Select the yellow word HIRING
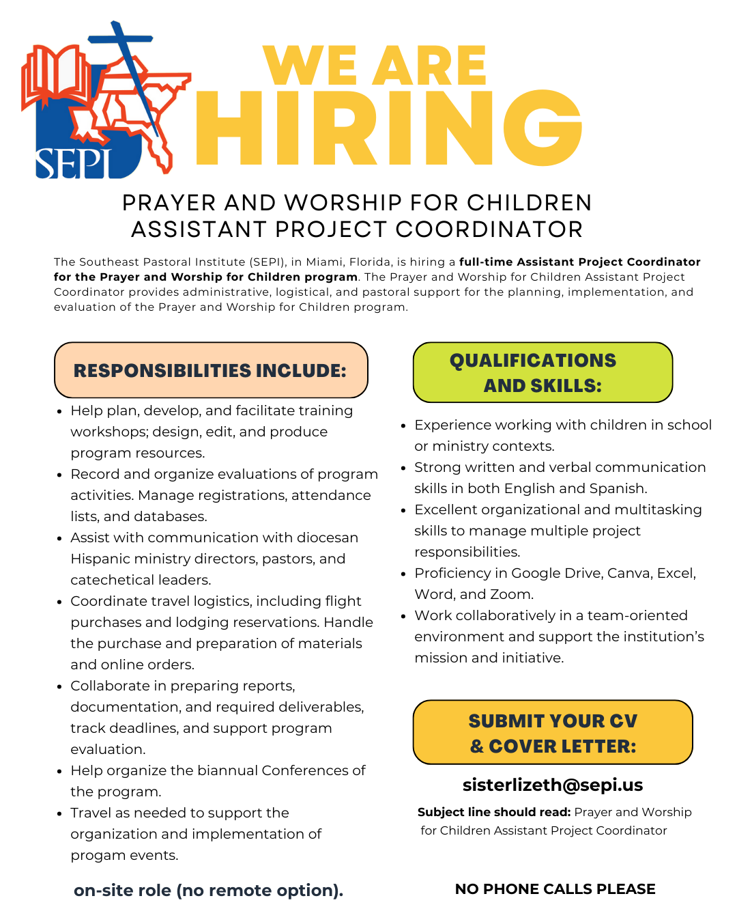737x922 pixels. [389, 128]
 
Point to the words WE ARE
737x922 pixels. [375, 66]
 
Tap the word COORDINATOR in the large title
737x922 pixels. [489, 229]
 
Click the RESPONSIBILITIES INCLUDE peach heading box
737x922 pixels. [211, 370]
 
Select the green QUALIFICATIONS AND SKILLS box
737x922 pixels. [543, 372]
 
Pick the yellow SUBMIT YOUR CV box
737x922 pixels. [553, 732]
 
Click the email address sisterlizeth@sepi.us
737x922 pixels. [553, 785]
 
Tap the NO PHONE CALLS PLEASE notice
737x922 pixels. [555, 889]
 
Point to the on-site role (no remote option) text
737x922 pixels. [208, 891]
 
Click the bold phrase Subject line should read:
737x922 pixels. [494, 812]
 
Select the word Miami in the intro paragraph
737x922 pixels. [324, 262]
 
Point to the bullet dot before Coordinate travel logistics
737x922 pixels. [61, 602]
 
